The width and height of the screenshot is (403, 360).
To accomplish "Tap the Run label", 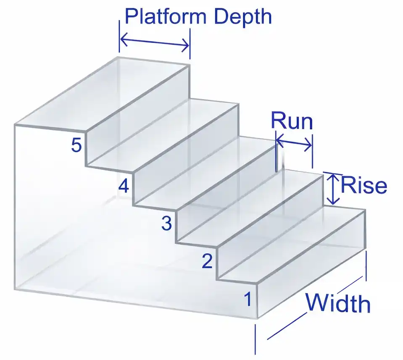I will click(292, 121).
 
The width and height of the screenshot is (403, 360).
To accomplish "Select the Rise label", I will click(363, 185).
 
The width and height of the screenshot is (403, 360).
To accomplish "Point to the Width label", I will click(338, 303).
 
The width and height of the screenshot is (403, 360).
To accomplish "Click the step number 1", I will click(248, 300).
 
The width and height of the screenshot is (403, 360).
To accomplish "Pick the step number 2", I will click(207, 262).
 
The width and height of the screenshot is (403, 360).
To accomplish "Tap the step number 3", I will click(166, 224).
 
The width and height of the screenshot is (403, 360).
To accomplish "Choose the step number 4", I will click(123, 185).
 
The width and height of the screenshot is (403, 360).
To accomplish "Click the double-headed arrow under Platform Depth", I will click(155, 42).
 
